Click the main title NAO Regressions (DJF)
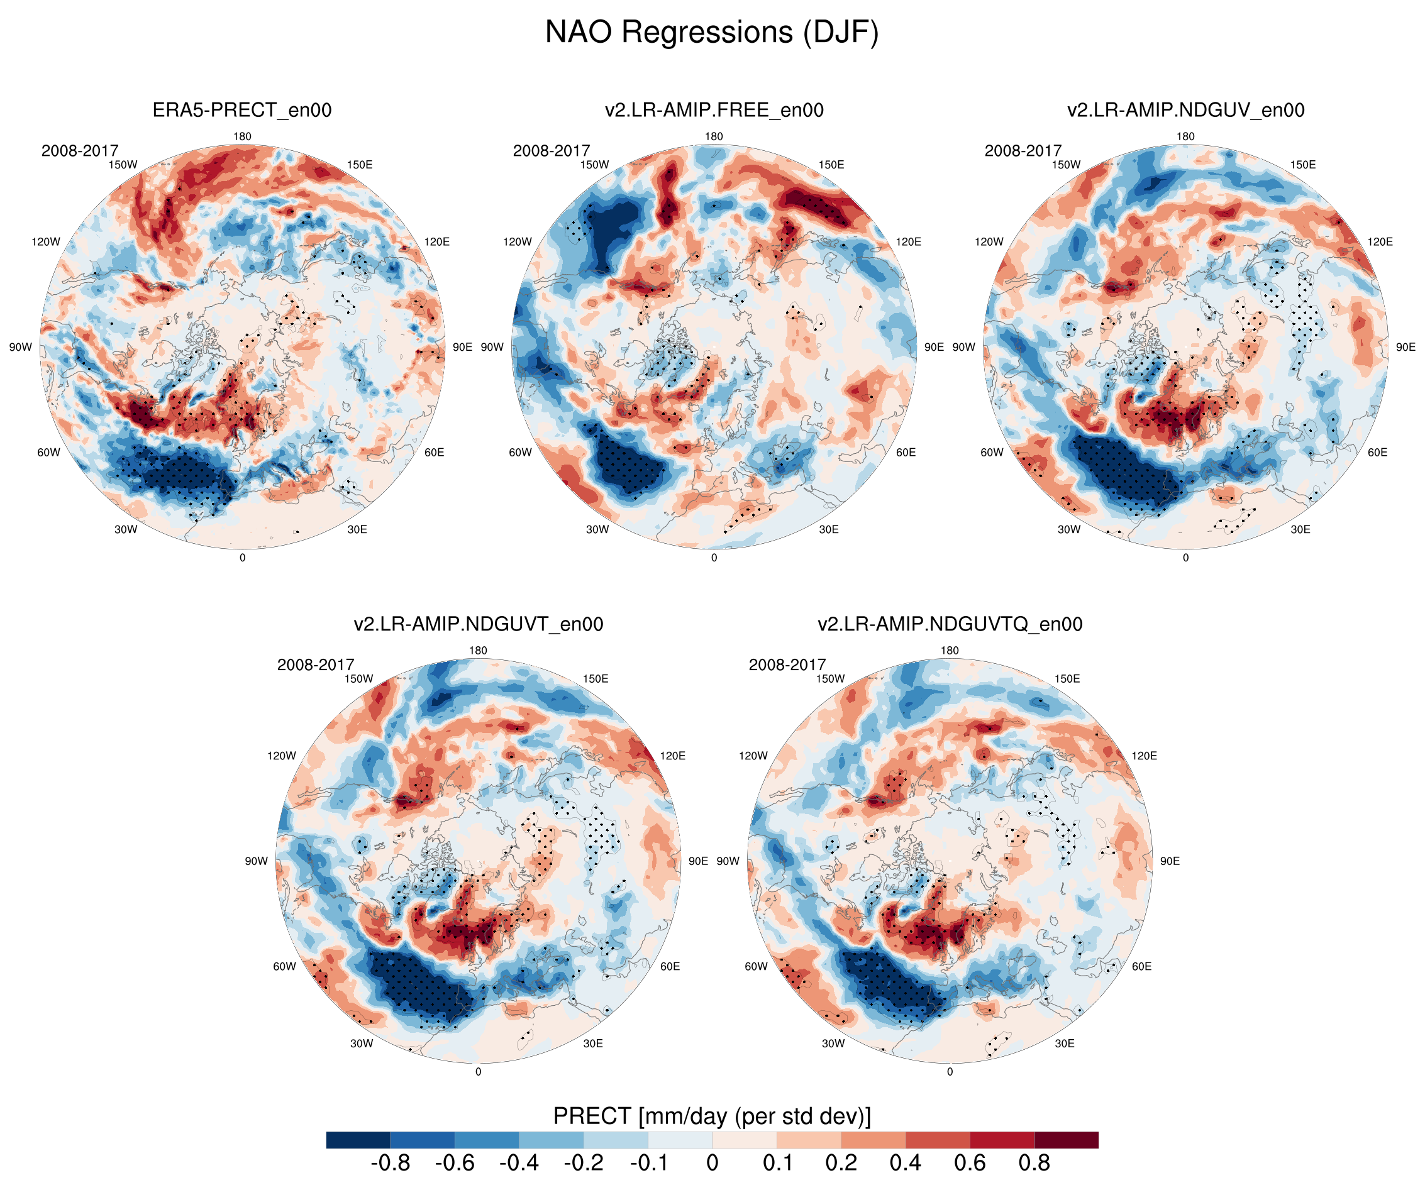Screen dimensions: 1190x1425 [712, 32]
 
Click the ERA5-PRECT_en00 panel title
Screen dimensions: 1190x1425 [241, 110]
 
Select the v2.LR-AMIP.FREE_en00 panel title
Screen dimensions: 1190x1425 [714, 110]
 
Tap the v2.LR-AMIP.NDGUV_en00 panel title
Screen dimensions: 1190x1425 [1185, 110]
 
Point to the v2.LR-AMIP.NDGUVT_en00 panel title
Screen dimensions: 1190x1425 [478, 624]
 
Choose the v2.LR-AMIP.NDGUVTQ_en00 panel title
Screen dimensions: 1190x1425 [950, 624]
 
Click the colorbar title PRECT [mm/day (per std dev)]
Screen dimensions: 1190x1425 [712, 1116]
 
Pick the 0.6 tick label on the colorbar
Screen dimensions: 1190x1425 [970, 1163]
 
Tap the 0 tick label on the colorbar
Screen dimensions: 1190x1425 [712, 1163]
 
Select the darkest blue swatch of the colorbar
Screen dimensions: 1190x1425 [358, 1140]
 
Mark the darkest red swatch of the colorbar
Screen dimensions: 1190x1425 [1066, 1140]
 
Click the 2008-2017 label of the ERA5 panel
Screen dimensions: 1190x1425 [79, 151]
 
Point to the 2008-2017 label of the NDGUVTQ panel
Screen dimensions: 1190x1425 [787, 665]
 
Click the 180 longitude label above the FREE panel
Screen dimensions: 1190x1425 [714, 136]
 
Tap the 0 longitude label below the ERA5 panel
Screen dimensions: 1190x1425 [242, 558]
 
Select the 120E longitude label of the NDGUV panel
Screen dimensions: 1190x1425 [1380, 241]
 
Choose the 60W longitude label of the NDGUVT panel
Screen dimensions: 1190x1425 [284, 966]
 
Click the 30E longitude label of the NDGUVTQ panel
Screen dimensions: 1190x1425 [1064, 1044]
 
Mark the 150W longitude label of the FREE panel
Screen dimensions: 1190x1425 [594, 164]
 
